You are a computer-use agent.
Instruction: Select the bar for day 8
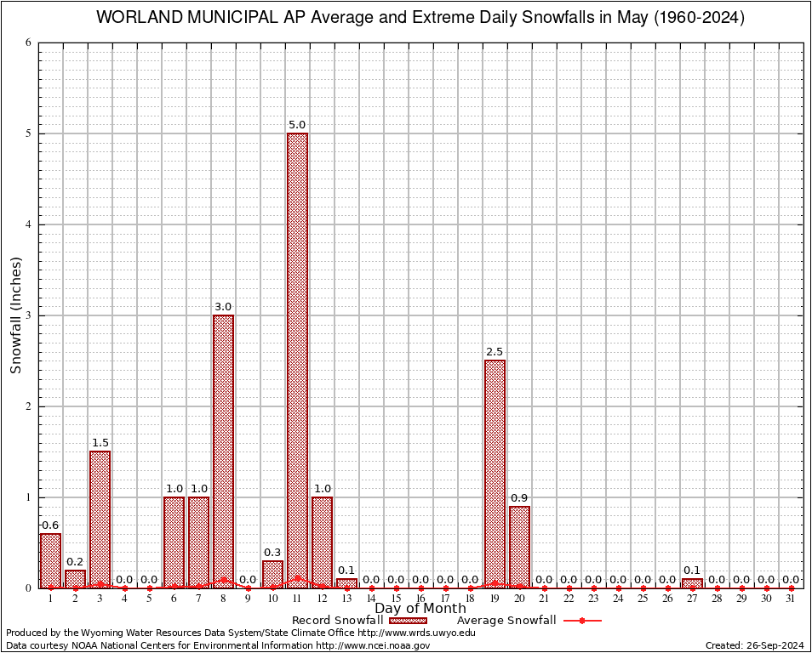223,451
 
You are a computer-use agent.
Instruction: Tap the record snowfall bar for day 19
495,474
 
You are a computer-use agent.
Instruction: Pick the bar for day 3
100,520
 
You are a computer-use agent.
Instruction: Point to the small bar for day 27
692,583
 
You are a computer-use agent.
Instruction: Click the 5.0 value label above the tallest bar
297,125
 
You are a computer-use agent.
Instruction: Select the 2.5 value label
495,352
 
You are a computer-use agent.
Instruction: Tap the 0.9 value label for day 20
519,497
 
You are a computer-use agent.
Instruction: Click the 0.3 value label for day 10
272,553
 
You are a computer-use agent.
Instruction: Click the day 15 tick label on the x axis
396,599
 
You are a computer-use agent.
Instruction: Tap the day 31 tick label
791,599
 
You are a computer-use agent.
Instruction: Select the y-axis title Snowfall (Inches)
16,315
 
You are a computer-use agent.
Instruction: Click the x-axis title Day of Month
420,609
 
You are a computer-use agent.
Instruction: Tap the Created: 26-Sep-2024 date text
755,645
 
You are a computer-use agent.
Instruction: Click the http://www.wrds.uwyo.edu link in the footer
416,633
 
